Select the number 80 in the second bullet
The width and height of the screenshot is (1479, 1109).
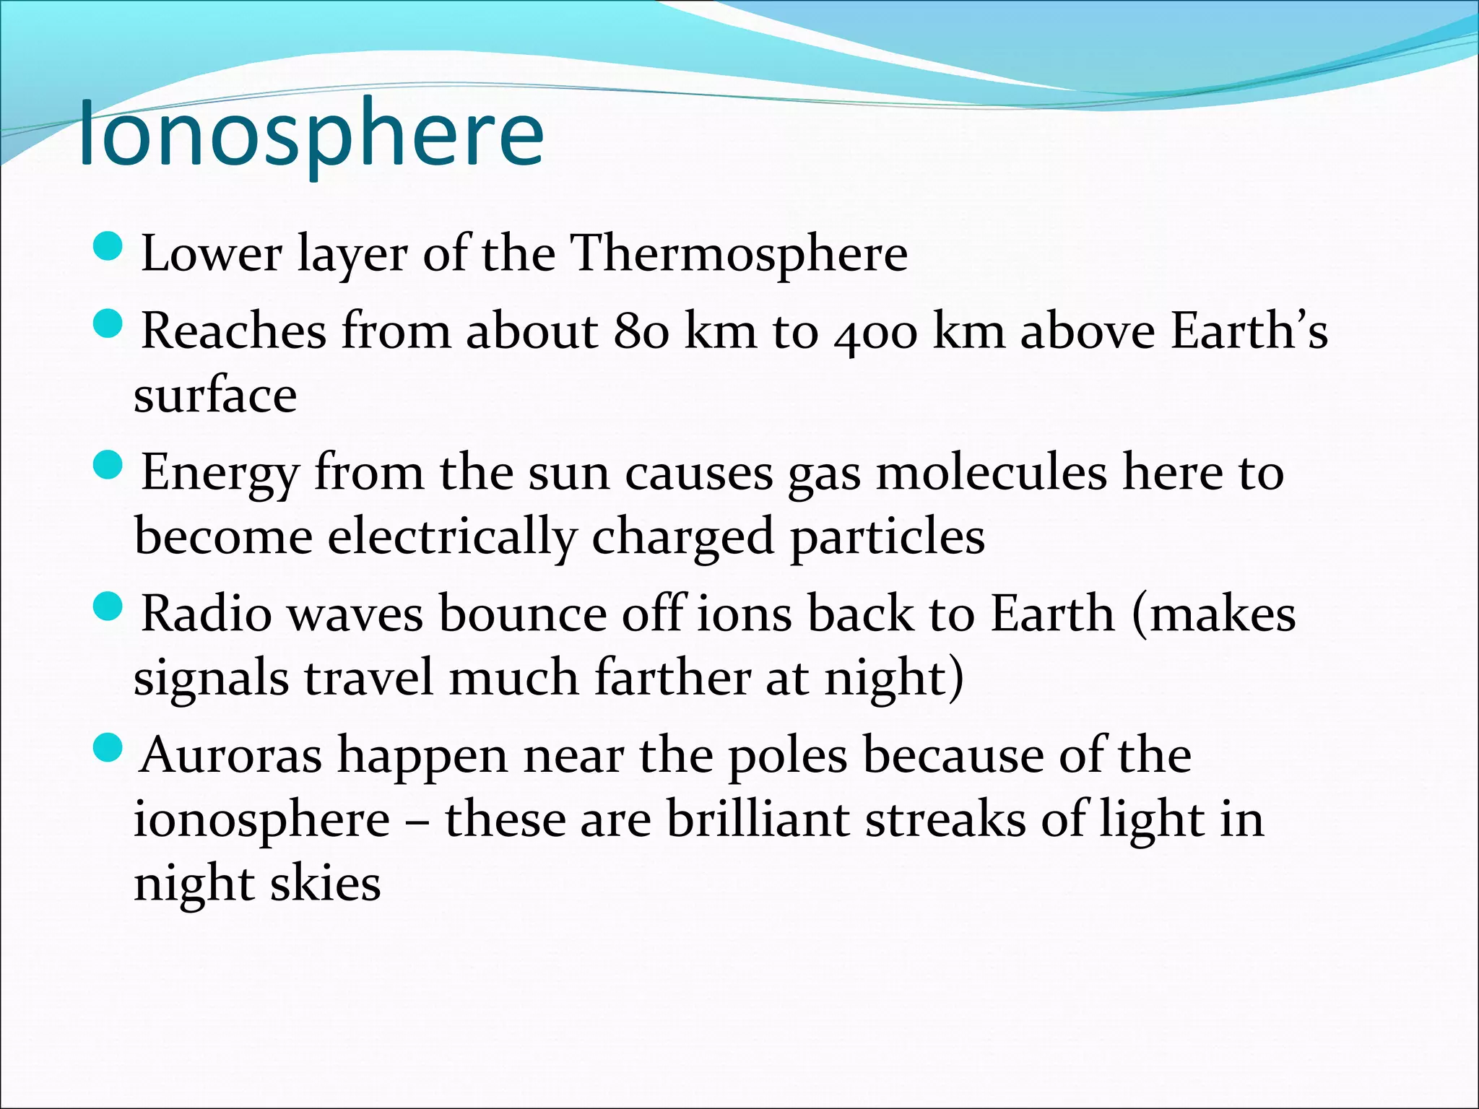point(641,331)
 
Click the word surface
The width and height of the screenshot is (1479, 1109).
point(215,396)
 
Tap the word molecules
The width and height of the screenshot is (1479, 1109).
point(991,473)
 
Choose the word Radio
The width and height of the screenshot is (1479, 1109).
point(207,614)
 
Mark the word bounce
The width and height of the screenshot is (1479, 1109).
point(523,614)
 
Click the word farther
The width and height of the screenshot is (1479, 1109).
point(672,679)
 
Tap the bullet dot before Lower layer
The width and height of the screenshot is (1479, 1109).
point(110,247)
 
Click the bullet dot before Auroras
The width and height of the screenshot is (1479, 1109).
point(110,749)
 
